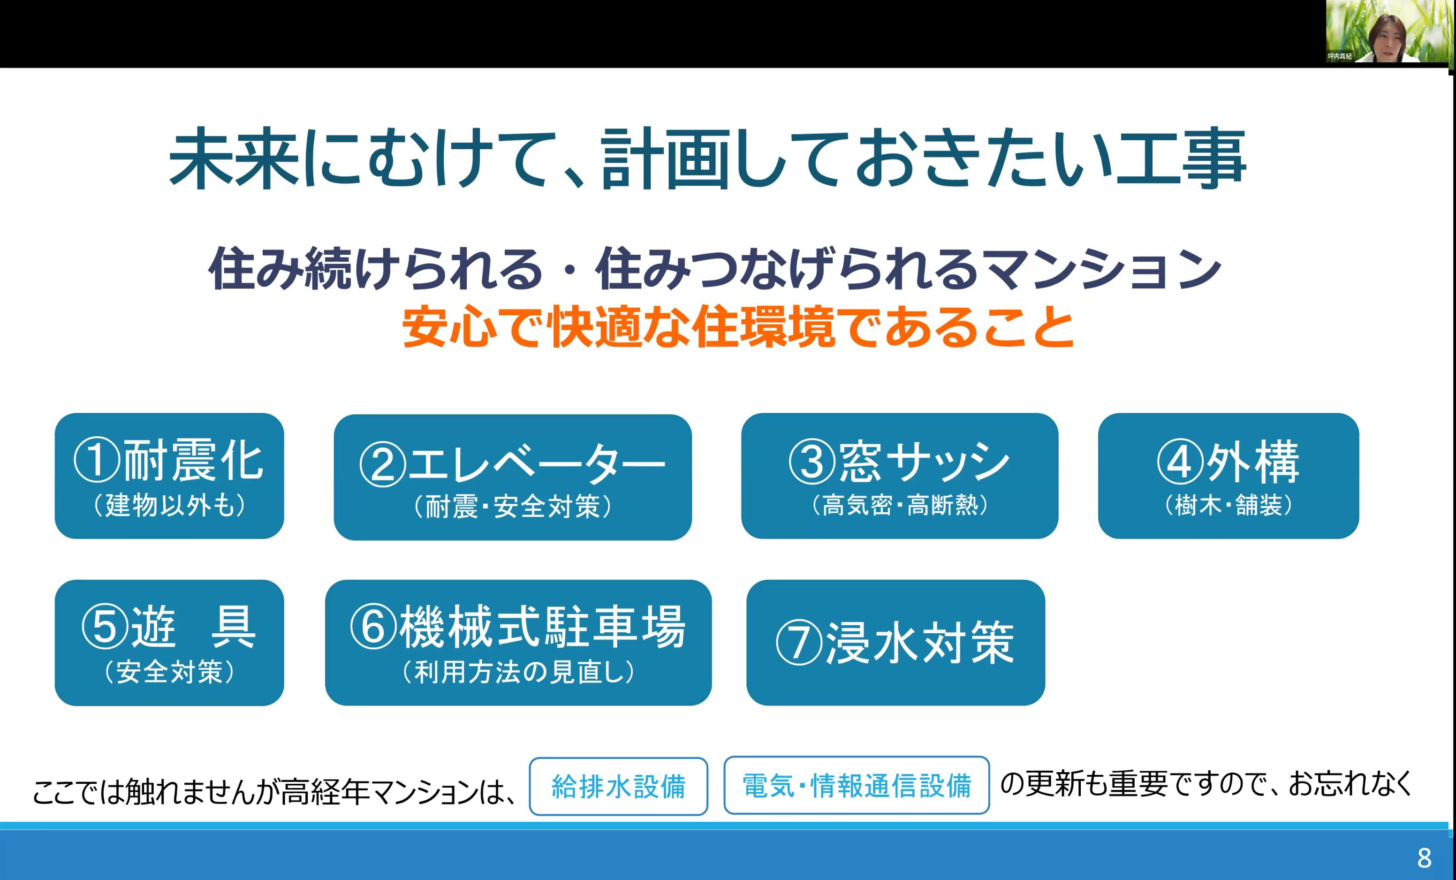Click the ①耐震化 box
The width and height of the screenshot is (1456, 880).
pos(169,476)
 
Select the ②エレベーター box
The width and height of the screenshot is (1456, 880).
pos(512,477)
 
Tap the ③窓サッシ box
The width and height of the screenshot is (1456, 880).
pos(899,476)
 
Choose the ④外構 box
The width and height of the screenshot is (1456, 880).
pos(1228,476)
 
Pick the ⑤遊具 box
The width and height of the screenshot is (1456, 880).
pos(169,643)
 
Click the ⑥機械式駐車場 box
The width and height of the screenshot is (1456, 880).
pos(518,643)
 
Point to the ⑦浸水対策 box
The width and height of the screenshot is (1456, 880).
pos(895,643)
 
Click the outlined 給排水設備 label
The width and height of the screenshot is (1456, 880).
pos(618,787)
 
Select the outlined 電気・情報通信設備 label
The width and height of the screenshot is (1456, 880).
pos(856,785)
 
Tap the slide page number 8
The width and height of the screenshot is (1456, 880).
pos(1424,858)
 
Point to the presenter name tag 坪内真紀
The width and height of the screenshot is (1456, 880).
pos(1340,56)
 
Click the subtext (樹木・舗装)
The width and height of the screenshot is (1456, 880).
pos(1228,505)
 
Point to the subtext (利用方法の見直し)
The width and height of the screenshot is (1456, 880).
pos(518,672)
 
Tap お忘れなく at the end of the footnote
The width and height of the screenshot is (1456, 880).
pos(1350,784)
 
